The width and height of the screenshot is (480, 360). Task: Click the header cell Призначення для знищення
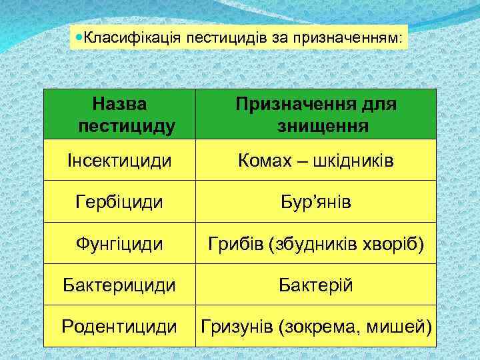pos(315,115)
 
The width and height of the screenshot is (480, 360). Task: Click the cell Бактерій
pos(315,285)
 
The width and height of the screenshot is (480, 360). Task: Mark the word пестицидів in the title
pos(229,39)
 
